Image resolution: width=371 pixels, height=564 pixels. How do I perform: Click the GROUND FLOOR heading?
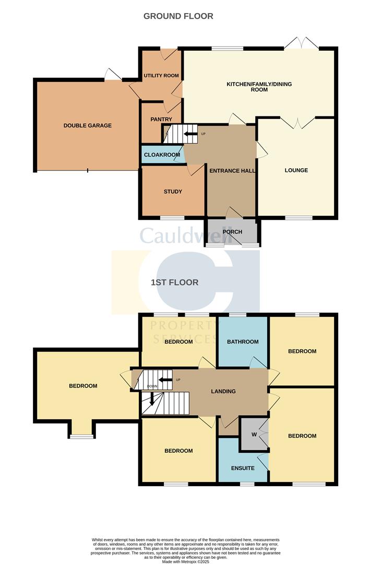click(178, 16)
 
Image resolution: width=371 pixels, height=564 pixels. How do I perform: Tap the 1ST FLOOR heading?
click(174, 283)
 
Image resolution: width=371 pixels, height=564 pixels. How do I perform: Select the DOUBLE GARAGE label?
click(88, 125)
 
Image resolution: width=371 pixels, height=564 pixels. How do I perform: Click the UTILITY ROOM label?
click(161, 76)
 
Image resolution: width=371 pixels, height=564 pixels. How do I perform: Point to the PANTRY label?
click(161, 120)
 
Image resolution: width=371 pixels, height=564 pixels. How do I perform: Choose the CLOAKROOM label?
click(162, 155)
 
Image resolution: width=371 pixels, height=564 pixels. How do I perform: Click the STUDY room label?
click(173, 192)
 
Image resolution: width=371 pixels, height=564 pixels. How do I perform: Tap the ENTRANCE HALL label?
click(231, 171)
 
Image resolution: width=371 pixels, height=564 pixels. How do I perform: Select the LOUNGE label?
click(296, 170)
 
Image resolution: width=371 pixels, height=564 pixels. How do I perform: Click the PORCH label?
click(232, 232)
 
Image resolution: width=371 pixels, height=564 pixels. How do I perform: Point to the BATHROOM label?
click(243, 342)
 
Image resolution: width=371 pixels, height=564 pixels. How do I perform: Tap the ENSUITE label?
click(243, 468)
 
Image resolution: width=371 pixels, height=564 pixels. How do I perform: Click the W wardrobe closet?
click(254, 434)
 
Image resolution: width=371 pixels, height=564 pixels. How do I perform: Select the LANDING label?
click(223, 391)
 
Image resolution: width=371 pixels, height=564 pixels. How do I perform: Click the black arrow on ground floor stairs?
click(189, 134)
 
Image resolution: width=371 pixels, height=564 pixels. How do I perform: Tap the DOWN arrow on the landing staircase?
click(152, 399)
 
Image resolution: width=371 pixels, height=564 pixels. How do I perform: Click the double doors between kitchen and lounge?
click(296, 123)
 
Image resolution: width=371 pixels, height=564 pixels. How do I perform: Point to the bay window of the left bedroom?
click(81, 436)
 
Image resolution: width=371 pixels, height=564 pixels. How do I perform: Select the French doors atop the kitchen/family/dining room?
click(304, 44)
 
